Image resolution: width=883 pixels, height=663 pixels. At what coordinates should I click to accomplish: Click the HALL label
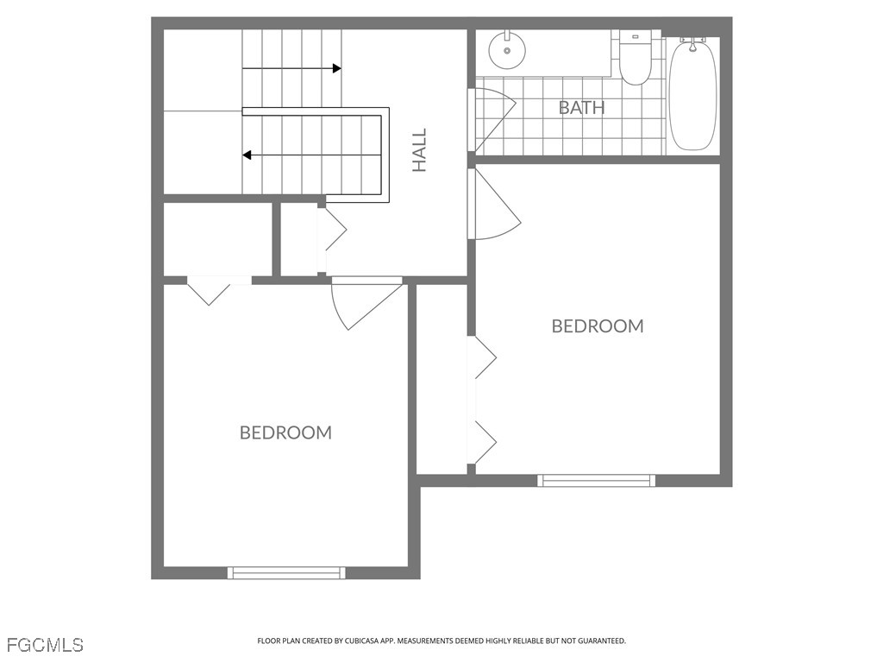point(420,150)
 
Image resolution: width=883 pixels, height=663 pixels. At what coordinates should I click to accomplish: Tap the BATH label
point(582,107)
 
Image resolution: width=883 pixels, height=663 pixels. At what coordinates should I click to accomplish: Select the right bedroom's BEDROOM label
point(598,325)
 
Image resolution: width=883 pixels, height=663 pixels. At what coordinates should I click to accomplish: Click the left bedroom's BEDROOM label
point(285,433)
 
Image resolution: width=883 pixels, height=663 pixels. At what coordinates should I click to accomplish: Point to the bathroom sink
point(507,50)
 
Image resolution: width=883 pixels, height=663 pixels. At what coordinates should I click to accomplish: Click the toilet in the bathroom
point(636,57)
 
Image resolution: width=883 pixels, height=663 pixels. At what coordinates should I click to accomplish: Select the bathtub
point(692,94)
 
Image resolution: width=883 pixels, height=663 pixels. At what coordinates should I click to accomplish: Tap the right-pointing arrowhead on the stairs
point(337,69)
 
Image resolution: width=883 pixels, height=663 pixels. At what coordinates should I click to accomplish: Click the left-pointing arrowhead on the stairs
point(247,155)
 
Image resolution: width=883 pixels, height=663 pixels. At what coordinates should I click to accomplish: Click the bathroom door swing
point(496,119)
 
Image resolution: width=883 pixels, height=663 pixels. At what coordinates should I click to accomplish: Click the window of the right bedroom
point(597,480)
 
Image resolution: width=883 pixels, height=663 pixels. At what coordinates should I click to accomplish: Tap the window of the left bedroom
point(286,573)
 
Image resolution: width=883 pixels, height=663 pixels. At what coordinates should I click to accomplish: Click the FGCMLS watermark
point(44,645)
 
